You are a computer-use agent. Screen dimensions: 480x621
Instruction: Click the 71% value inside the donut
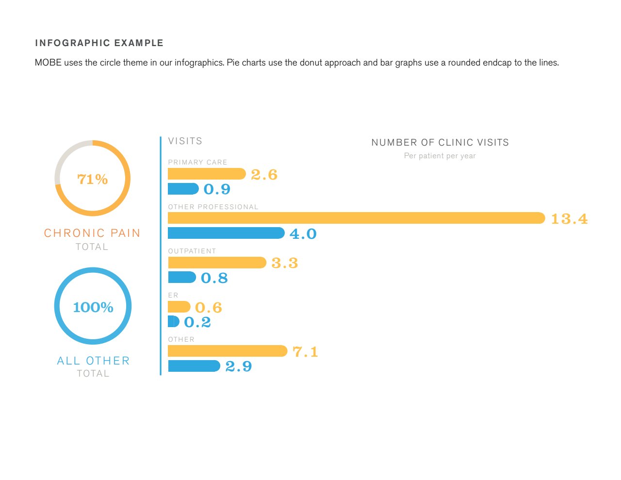coord(92,179)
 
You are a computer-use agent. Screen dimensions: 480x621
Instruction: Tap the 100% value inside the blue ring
coord(93,307)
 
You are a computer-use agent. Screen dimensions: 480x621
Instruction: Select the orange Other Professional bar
coord(356,218)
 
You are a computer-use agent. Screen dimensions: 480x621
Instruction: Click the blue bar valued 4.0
coord(226,233)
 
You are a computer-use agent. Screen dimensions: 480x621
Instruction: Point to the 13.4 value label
coord(569,219)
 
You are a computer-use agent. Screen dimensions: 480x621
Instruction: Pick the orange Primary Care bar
coord(206,174)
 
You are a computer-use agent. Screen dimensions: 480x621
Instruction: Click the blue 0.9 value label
coord(217,189)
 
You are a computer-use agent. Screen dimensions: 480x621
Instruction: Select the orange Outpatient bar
coord(216,263)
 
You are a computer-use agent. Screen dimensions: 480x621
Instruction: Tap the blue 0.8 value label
coord(214,278)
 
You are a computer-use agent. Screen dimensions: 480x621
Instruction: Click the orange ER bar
coord(179,307)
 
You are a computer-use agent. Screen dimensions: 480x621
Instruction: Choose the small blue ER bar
coord(173,321)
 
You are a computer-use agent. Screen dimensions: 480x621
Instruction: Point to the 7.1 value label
coord(305,351)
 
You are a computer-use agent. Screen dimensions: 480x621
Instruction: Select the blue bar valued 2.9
coord(194,366)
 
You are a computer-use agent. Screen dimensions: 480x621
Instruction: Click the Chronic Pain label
coord(92,233)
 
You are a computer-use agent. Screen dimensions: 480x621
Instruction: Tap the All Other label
coord(93,361)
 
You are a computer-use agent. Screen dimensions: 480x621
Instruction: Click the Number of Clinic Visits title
coord(440,142)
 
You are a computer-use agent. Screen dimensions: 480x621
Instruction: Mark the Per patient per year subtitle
coord(440,156)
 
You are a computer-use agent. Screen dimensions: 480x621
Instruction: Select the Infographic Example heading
coord(99,43)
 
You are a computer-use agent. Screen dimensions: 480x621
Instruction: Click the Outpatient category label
coord(192,251)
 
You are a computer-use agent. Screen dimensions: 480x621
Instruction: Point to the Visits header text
coord(185,141)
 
